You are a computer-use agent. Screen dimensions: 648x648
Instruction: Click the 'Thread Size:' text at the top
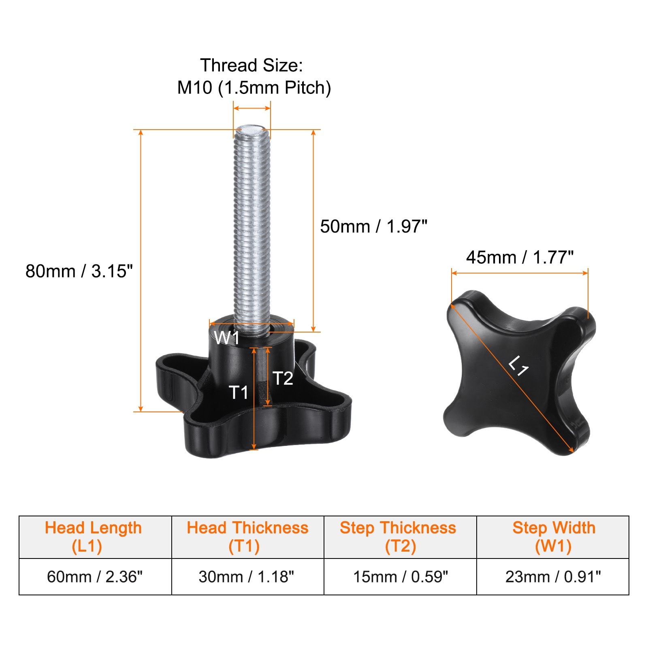(252, 65)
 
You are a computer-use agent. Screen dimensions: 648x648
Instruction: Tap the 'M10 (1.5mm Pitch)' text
(254, 87)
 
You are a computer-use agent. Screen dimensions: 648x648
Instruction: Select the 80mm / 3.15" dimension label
(79, 271)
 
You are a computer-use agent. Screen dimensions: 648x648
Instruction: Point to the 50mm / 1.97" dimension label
(373, 226)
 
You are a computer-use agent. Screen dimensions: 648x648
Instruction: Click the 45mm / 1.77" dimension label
(520, 257)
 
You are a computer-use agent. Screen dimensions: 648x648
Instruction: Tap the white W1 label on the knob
(227, 338)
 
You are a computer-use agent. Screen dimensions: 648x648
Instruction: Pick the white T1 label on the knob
(239, 392)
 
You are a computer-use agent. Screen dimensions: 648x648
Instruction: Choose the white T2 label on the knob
(283, 378)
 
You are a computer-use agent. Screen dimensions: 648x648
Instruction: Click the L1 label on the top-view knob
(519, 366)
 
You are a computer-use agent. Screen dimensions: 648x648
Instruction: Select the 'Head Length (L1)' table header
(93, 537)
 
